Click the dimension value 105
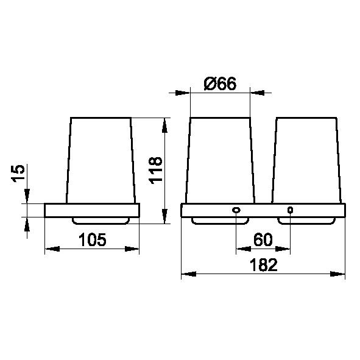93,239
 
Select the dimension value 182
263,265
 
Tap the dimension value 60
263,239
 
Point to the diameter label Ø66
220,83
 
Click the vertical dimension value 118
156,171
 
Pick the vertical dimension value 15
18,174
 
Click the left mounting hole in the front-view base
236,210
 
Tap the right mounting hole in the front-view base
290,210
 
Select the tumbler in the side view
101,160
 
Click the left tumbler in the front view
220,160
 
